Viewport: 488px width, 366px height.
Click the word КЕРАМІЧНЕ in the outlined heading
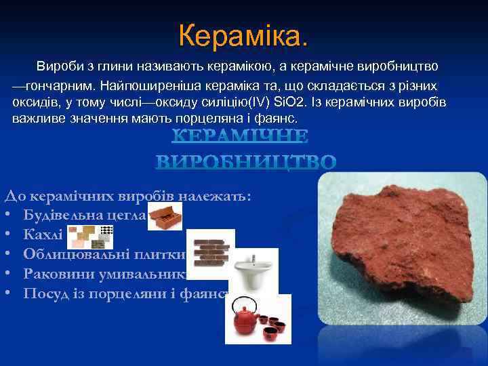click(x=240, y=137)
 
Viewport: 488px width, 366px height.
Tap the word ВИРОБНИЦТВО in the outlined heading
click(x=246, y=163)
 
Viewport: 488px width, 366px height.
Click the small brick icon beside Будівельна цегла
click(x=165, y=217)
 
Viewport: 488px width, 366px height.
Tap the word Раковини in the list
click(x=55, y=274)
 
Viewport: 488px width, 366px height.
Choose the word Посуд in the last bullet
click(x=43, y=293)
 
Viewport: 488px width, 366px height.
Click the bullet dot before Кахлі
click(x=8, y=235)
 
